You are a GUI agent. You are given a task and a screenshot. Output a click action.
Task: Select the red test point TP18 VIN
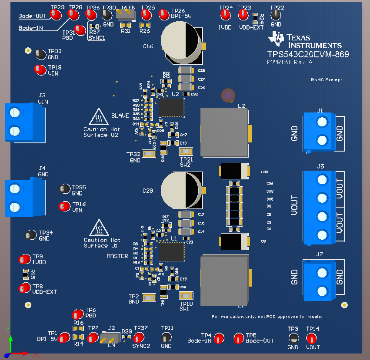pos(40,69)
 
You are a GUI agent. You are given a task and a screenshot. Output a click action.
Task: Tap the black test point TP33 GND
pos(40,54)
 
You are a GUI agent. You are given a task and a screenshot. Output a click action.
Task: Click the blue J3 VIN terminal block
pos(24,122)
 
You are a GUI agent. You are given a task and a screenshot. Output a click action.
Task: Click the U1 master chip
pos(171,252)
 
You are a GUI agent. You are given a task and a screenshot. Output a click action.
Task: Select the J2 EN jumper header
pos(110,337)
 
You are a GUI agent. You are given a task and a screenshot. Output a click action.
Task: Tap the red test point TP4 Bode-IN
pos(218,338)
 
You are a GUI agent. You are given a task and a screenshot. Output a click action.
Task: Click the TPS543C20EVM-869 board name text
pos(308,54)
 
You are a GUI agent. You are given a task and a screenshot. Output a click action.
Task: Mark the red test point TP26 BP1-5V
pos(164,14)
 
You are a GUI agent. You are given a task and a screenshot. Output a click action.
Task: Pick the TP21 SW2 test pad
pos(187,152)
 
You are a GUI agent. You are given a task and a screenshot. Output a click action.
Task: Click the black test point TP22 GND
pos(275,15)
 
